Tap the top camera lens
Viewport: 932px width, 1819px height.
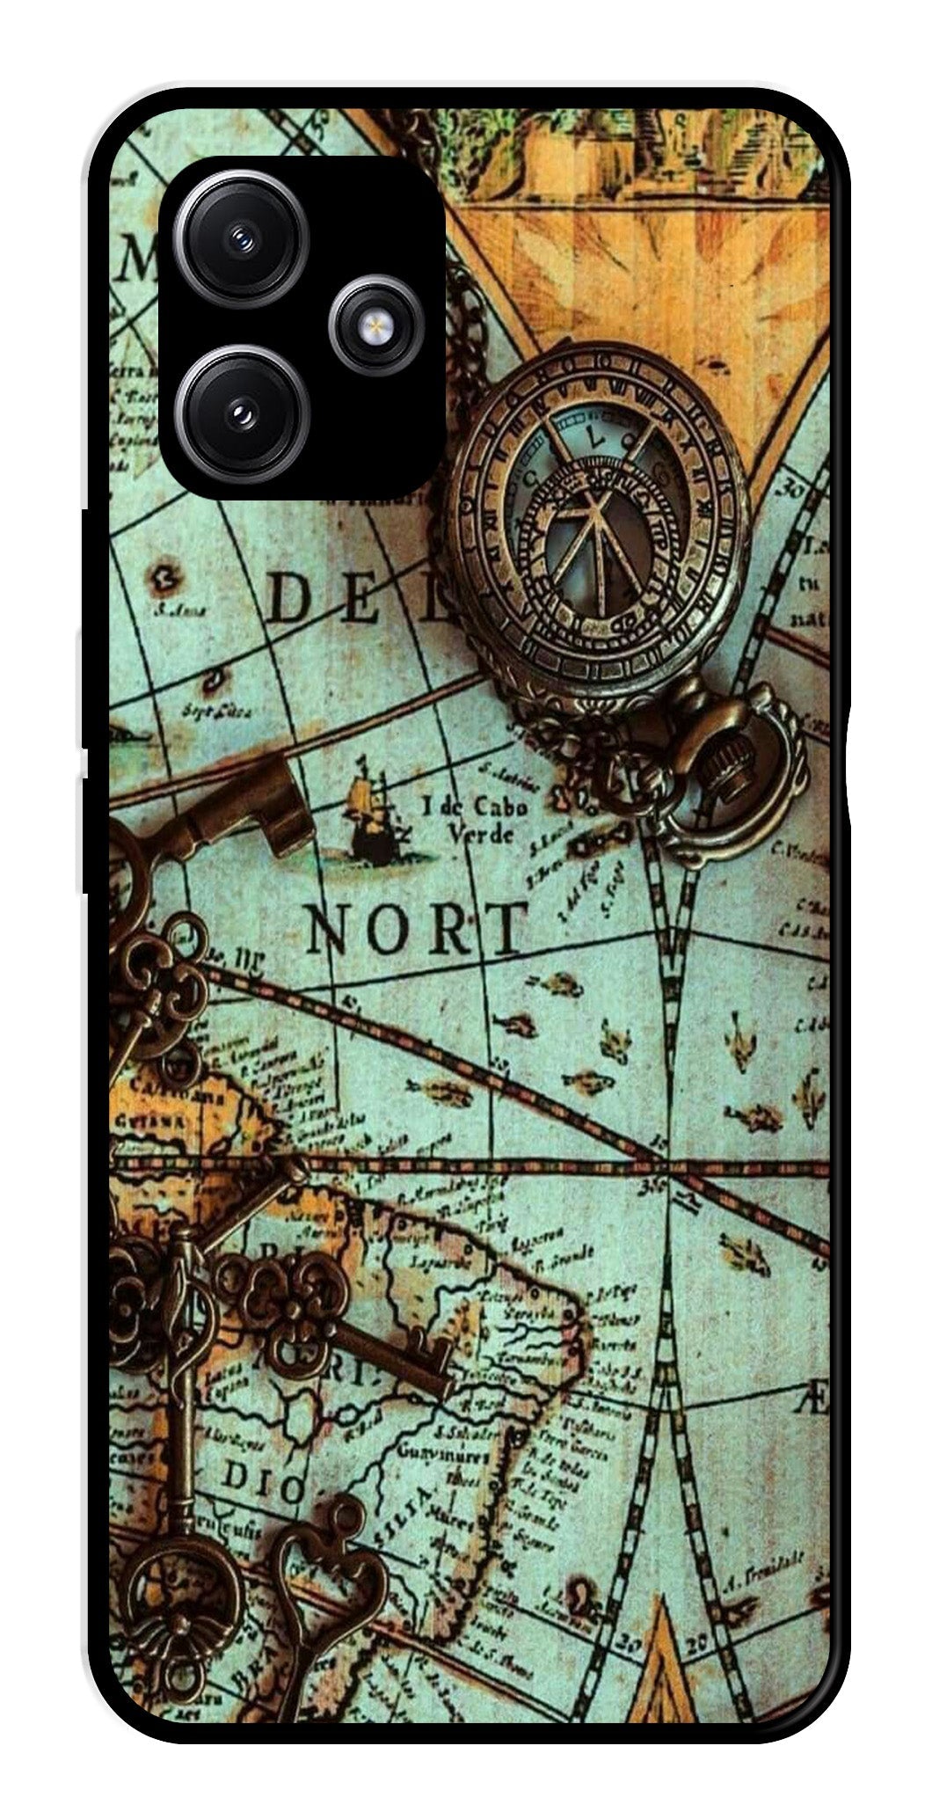tap(242, 237)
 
